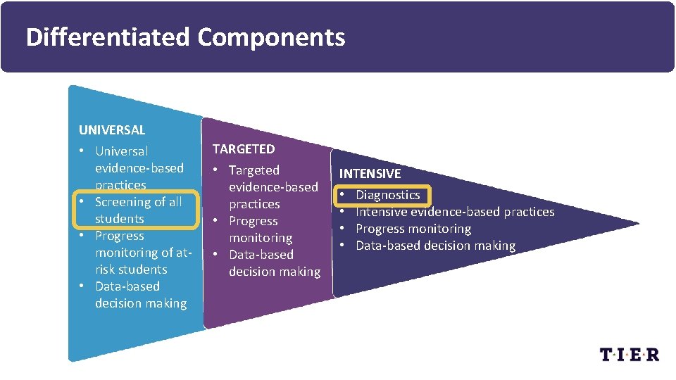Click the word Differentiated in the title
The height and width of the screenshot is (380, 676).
click(107, 37)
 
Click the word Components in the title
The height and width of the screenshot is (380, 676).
click(271, 37)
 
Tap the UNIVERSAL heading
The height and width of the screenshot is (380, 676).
click(112, 129)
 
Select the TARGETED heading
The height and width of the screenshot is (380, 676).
click(244, 148)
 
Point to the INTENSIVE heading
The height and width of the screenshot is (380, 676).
click(370, 173)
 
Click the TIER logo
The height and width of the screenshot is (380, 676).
click(630, 354)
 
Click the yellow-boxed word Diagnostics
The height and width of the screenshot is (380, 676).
click(388, 195)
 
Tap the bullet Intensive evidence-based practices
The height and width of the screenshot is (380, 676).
click(455, 212)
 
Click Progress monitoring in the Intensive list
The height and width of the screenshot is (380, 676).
click(413, 229)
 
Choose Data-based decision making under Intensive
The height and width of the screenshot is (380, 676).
click(435, 246)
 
